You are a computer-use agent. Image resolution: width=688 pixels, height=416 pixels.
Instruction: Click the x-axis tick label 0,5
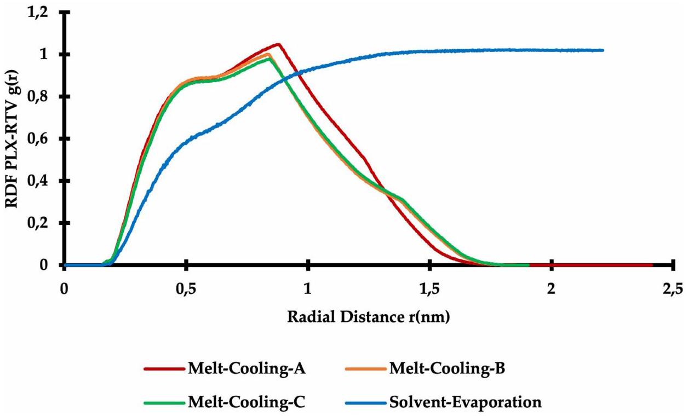coord(186,289)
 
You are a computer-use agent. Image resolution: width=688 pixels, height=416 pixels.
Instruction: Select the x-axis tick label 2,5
coord(673,289)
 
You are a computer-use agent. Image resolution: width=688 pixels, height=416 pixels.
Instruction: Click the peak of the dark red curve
coord(278,44)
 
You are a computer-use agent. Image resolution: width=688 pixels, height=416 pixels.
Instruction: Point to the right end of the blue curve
coord(603,50)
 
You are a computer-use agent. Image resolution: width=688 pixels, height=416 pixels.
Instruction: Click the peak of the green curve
coord(268,59)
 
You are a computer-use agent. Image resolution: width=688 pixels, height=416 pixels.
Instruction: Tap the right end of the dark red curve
coord(652,265)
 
